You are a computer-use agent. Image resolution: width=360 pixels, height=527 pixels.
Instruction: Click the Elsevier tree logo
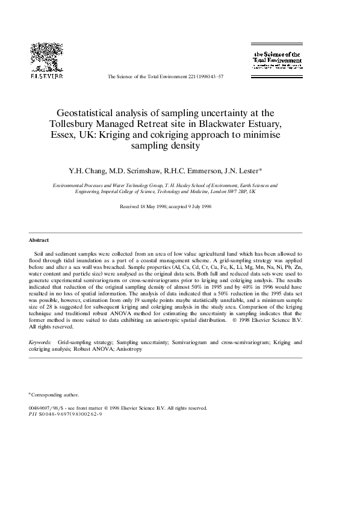click(47, 57)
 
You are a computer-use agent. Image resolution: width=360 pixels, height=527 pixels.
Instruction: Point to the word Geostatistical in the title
click(88, 112)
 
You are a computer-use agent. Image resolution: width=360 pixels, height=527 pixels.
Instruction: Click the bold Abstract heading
click(39, 240)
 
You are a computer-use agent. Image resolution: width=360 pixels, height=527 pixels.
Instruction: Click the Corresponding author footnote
click(55, 395)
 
